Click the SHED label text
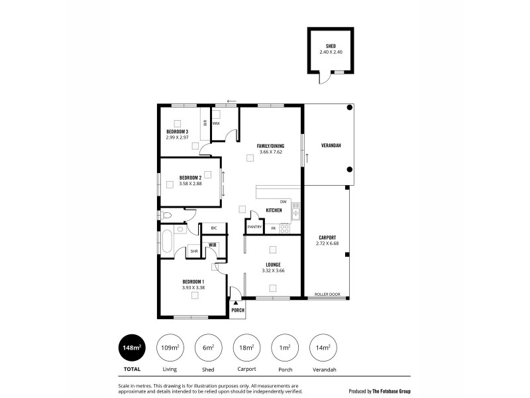(x=330, y=46)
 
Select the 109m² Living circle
(x=170, y=347)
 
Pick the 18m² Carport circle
(x=246, y=347)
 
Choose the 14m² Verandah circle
(x=322, y=347)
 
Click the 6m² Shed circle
(x=208, y=347)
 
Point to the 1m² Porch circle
(x=284, y=347)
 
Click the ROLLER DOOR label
(x=327, y=294)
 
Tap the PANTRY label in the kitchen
(x=255, y=228)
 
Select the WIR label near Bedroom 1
(x=213, y=245)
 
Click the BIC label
(x=213, y=228)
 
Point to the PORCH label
(x=237, y=310)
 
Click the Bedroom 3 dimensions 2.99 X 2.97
(x=178, y=137)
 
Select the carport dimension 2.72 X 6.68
(x=327, y=243)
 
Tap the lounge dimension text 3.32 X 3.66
(x=273, y=271)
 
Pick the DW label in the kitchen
(x=283, y=202)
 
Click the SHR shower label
(x=194, y=251)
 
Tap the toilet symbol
(x=167, y=216)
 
